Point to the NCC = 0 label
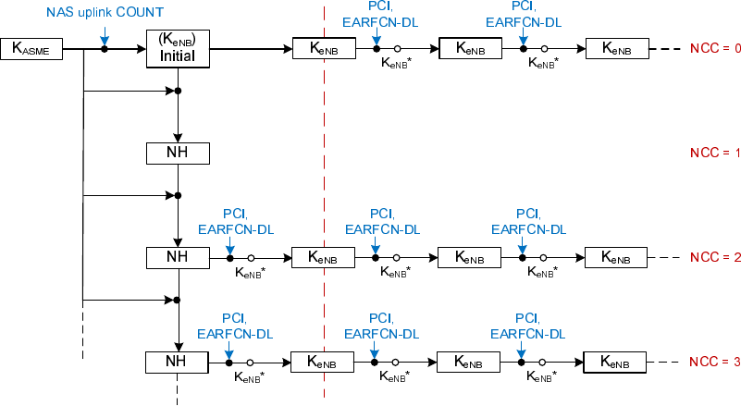[715, 48]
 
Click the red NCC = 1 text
[715, 153]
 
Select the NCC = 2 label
[715, 257]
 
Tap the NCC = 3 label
[715, 361]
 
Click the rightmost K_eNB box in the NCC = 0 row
[616, 48]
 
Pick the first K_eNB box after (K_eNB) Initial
[323, 48]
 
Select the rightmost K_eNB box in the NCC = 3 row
[616, 361]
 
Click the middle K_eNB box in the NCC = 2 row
[469, 257]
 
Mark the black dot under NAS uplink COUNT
[105, 48]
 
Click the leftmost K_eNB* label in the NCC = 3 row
[248, 376]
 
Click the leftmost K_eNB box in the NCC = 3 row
[323, 361]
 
